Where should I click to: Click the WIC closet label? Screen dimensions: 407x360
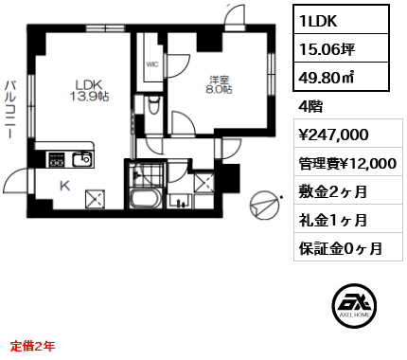coord(152,64)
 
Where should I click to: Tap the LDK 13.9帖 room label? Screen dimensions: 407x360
coord(89,90)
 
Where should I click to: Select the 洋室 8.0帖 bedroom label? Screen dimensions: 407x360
coord(220,85)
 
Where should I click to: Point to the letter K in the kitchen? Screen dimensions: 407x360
coord(64,186)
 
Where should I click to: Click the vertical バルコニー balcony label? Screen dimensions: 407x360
coord(10,110)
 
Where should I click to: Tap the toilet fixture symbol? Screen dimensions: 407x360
coord(154,105)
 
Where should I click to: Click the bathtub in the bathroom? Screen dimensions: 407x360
coord(146,198)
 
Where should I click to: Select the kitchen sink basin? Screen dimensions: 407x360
coord(82,159)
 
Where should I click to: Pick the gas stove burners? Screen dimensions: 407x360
coord(56,159)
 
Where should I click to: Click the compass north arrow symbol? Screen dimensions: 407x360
coord(264,206)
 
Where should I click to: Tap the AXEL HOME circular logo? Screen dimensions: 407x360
coord(354,305)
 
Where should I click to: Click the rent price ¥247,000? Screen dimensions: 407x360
coord(333,135)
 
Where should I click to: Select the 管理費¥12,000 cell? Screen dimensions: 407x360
coord(348,162)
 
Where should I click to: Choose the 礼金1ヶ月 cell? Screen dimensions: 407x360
coord(348,219)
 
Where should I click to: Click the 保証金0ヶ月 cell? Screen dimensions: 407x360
coord(348,247)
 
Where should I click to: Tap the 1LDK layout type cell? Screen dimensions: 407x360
coord(341,20)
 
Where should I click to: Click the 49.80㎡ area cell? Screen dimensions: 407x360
coord(341,76)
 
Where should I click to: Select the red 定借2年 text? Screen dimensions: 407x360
coord(33,346)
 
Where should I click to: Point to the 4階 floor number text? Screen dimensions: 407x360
coord(310,106)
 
